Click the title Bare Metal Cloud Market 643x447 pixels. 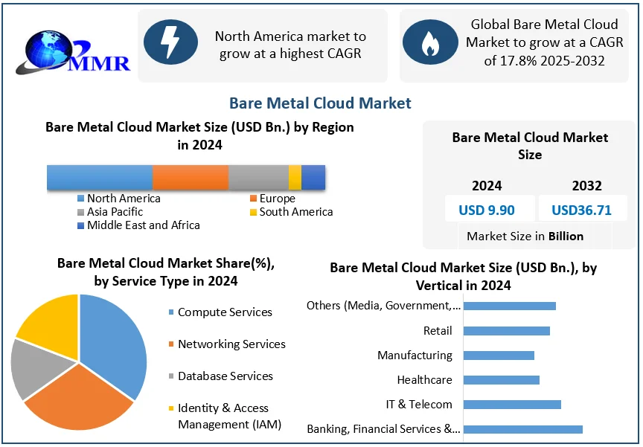point(320,103)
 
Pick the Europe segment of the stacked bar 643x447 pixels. point(191,178)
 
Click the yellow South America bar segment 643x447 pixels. point(295,178)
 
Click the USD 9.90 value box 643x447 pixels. point(486,210)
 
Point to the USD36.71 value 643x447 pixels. point(581,210)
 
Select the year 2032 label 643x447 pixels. point(586,186)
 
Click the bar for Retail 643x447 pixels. point(506,331)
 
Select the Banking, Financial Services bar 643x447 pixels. point(522,429)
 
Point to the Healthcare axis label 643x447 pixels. point(424,380)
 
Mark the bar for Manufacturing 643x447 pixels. point(499,356)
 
